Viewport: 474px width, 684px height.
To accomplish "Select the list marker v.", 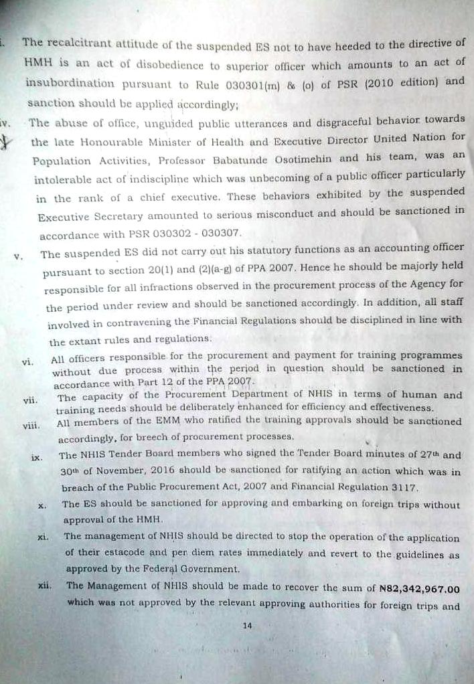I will (x=17, y=256).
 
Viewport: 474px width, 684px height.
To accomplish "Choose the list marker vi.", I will (x=27, y=361).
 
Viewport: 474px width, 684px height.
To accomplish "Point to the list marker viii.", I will (x=30, y=424).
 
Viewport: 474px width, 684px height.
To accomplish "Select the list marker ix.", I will (x=37, y=457).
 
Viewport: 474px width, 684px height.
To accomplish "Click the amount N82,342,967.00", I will (x=419, y=588).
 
